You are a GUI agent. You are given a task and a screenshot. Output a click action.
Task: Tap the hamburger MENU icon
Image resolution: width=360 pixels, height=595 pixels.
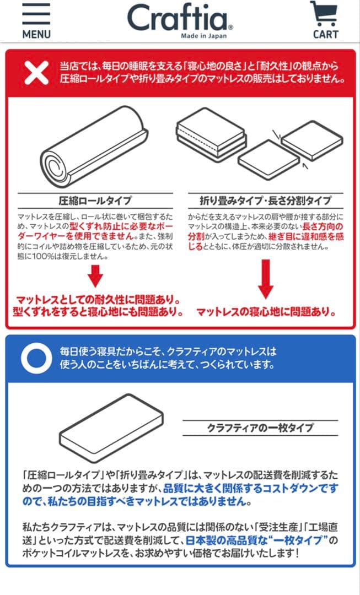coord(36,14)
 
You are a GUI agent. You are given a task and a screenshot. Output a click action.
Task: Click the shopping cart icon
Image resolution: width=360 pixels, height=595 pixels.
coord(324,14)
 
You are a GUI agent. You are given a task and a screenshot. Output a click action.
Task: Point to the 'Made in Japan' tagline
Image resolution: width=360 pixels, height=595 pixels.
coord(203,36)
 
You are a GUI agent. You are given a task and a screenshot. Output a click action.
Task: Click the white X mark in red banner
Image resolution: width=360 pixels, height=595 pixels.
coord(36,73)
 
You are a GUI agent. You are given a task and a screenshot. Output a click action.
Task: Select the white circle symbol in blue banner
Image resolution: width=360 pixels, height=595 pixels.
coord(36,359)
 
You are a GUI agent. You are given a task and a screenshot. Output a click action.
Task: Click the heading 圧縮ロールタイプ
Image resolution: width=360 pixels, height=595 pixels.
coord(95,200)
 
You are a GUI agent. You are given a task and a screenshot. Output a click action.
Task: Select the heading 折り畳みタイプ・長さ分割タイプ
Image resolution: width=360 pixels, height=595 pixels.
coord(265,200)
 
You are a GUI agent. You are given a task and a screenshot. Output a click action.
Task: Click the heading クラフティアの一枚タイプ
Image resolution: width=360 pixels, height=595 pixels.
coord(260,428)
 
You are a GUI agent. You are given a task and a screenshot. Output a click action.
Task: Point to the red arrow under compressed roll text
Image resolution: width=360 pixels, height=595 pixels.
coord(95,276)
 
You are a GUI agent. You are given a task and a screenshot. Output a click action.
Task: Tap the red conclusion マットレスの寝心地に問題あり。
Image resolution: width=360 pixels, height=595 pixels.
coord(266,312)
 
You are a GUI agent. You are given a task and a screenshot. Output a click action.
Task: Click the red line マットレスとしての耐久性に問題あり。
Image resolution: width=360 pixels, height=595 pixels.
coord(97,299)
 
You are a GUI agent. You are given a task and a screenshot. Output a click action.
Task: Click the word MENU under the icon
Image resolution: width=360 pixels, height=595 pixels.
coord(36,34)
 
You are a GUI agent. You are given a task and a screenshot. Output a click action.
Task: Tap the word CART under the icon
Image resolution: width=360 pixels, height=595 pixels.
coord(325,34)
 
